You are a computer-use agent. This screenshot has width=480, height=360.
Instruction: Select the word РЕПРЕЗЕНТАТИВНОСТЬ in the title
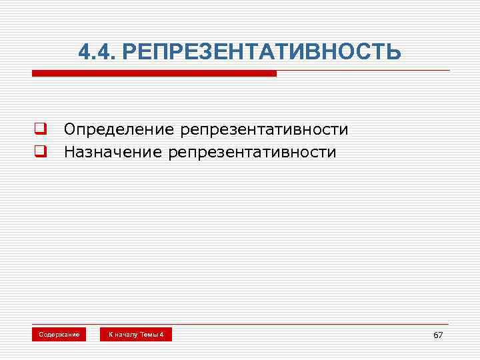(x=263, y=51)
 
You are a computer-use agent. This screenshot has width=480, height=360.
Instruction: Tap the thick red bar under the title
(x=153, y=73)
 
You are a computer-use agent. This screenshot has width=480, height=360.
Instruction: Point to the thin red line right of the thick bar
(x=363, y=71)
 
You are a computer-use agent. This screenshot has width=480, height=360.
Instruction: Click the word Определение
(x=119, y=129)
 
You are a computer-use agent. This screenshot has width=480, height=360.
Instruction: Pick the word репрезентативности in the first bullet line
(x=264, y=129)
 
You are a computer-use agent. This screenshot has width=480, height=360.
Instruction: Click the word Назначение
(x=113, y=152)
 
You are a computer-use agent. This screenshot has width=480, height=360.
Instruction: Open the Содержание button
(x=59, y=334)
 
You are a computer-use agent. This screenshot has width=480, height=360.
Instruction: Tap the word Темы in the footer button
(x=149, y=334)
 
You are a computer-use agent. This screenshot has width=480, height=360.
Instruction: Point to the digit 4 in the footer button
(x=161, y=334)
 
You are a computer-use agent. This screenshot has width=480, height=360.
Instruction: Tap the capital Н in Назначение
(x=69, y=152)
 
